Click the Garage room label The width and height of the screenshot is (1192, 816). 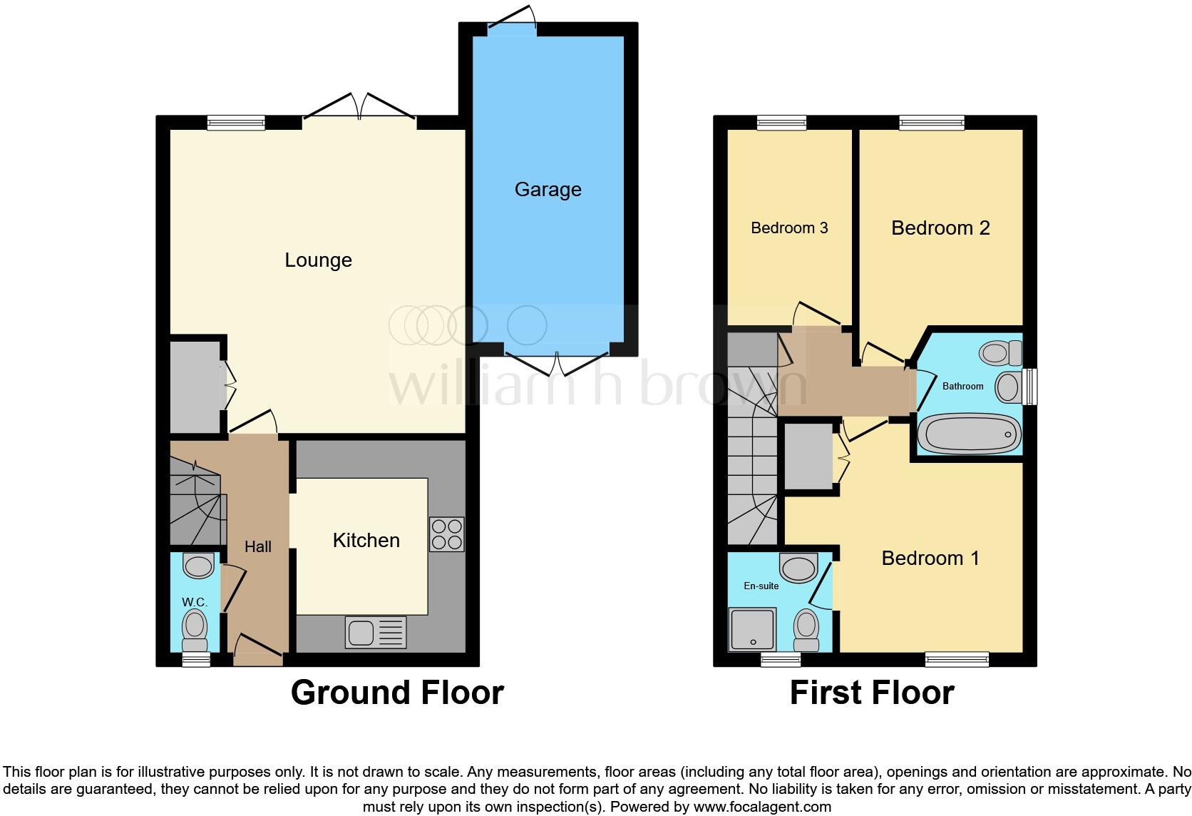coord(548,189)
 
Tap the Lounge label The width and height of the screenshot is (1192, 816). coord(318,260)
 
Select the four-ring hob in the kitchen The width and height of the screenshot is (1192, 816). coord(447,534)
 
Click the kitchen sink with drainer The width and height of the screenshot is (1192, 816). coord(376,633)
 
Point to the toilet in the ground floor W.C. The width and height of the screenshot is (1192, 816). coord(195,627)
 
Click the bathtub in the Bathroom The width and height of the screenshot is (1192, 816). coord(968,433)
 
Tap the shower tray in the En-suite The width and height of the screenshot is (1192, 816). coord(751,628)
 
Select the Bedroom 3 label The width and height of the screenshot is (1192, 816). coord(789,228)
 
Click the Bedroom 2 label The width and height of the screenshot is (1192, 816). coord(940,228)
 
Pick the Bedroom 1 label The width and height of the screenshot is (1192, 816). coord(930,558)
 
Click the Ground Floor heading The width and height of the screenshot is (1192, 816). coord(397,693)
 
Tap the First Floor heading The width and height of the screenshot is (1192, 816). coord(872,693)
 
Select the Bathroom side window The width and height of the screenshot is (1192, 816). coord(1029,387)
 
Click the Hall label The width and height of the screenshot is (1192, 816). coord(258,546)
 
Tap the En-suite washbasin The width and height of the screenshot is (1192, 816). coord(798,568)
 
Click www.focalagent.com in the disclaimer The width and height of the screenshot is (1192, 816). coord(762,807)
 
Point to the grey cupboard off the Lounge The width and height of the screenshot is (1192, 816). coord(195,386)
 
